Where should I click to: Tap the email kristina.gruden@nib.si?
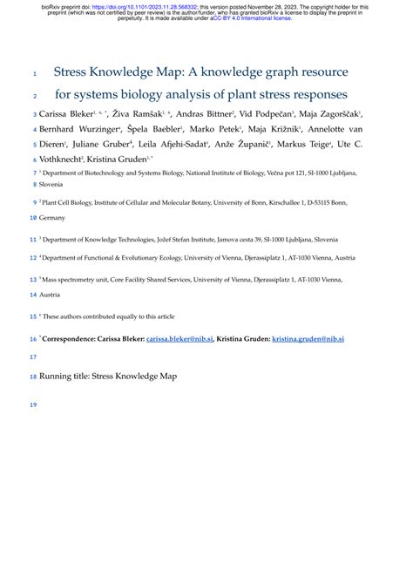coord(309,337)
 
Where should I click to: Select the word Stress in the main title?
coord(78,71)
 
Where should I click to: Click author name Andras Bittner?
coord(207,114)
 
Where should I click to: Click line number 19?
coord(34,405)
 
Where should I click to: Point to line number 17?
coord(34,357)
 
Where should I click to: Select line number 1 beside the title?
coord(35,73)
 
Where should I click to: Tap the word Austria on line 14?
coord(53,295)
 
